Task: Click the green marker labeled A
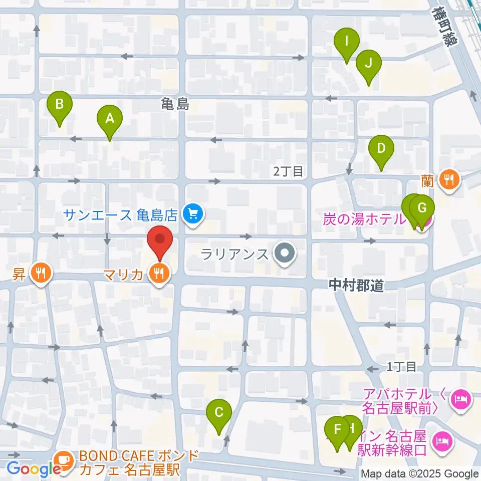(x=110, y=119)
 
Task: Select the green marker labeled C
(x=219, y=413)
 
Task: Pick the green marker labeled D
(x=381, y=149)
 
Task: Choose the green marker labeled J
(x=369, y=64)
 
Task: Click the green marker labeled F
(x=338, y=429)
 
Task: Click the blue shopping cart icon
(x=191, y=215)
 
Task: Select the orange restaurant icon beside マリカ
(x=160, y=274)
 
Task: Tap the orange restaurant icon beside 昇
(x=40, y=273)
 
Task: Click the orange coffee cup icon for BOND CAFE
(x=64, y=459)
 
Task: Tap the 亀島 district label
(x=175, y=104)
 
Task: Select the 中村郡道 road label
(x=356, y=286)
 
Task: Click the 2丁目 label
(x=288, y=172)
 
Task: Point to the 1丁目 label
(x=402, y=367)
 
